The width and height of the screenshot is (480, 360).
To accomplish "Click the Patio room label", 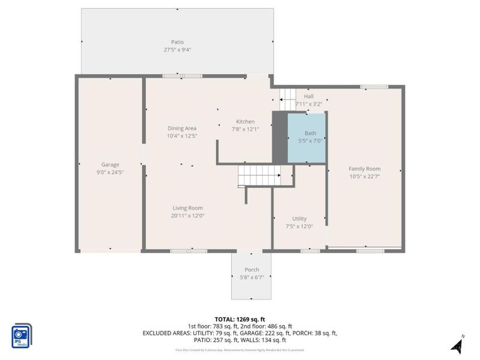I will click(x=177, y=42).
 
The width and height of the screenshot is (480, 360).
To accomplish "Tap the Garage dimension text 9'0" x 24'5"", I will click(x=110, y=172).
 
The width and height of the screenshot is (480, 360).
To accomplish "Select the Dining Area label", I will click(x=182, y=128).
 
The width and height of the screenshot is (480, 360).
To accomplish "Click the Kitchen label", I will click(x=245, y=121).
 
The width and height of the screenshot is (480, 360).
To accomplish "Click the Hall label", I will click(x=308, y=96).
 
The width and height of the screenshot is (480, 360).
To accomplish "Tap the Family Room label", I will click(x=365, y=169).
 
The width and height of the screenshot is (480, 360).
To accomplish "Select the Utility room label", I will click(x=299, y=218).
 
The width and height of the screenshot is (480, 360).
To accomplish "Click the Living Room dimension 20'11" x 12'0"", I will click(x=188, y=216).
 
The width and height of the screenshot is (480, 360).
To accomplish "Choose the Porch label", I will click(x=252, y=269).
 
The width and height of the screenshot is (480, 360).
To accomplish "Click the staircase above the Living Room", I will click(x=259, y=176).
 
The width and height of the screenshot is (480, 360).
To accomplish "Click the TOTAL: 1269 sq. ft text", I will click(x=240, y=319).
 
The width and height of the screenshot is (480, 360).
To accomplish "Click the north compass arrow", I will click(x=457, y=343).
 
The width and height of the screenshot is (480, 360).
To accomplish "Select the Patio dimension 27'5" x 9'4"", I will click(x=177, y=50).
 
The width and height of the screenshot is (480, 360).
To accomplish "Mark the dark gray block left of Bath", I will click(x=280, y=137).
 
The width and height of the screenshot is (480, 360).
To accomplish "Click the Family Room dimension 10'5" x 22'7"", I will click(x=365, y=176).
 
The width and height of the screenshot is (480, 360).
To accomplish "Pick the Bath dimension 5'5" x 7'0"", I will click(x=310, y=141).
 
